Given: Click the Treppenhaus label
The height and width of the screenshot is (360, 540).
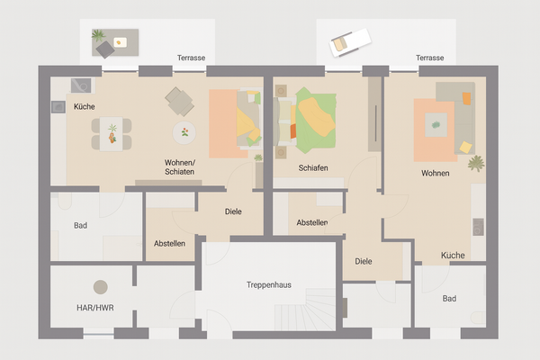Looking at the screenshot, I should pos(269,284).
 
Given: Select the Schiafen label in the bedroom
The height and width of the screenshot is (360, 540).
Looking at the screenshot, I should pos(313,168).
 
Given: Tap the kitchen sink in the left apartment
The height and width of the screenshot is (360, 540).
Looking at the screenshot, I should pos(80,85).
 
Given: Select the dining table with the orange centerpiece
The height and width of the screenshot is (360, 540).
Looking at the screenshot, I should pos(112,135).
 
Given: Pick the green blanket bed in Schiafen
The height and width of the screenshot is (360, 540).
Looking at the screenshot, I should pos(310,119).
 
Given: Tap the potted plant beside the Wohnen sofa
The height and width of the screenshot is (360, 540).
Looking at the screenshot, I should pos(475,163).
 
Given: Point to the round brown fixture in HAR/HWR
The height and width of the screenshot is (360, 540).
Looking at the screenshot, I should pos(100,287).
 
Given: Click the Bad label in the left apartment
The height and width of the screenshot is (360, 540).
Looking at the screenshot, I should pos(80,225).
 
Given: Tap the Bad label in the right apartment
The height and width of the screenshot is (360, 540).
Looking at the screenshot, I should pos(449,298).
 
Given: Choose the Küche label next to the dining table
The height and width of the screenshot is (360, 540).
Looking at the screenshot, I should pos(85,106).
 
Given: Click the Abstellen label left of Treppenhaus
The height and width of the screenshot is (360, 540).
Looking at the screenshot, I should pos(169,243).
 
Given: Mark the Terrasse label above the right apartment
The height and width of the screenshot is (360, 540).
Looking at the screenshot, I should pos(429,58).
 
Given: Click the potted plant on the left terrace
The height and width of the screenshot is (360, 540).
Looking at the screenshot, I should pos(99,37).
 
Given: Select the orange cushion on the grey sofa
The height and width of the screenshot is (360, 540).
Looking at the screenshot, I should pos(467,97).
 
